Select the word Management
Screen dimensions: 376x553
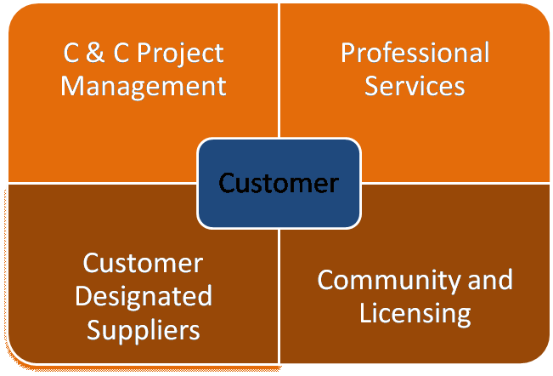[144, 86]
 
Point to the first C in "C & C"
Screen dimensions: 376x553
[72, 54]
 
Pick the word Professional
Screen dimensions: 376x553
[415, 54]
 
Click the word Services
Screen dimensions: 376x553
[415, 86]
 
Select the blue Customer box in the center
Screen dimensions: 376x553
[279, 182]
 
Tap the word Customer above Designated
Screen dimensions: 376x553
[143, 264]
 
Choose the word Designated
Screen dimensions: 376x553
[143, 296]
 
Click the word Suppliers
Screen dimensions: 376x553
[143, 328]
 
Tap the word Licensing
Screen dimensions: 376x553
[415, 312]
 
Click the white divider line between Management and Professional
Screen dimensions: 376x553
[279, 85]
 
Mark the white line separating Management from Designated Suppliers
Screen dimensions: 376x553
[102, 182]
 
